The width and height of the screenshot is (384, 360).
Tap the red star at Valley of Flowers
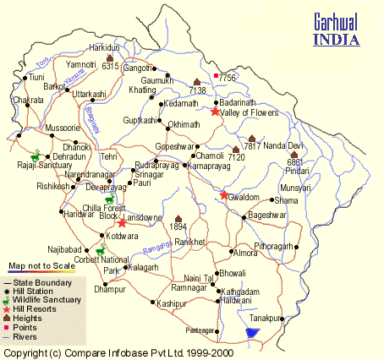(216, 112)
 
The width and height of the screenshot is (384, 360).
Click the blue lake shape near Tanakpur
(250, 333)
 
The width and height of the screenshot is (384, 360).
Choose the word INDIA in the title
(335, 38)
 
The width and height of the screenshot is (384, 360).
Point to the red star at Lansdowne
(123, 223)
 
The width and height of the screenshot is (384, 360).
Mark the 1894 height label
(178, 226)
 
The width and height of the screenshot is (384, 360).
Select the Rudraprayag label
(158, 164)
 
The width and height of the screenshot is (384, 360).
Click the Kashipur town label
(172, 303)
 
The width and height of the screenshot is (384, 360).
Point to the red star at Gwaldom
(223, 195)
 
